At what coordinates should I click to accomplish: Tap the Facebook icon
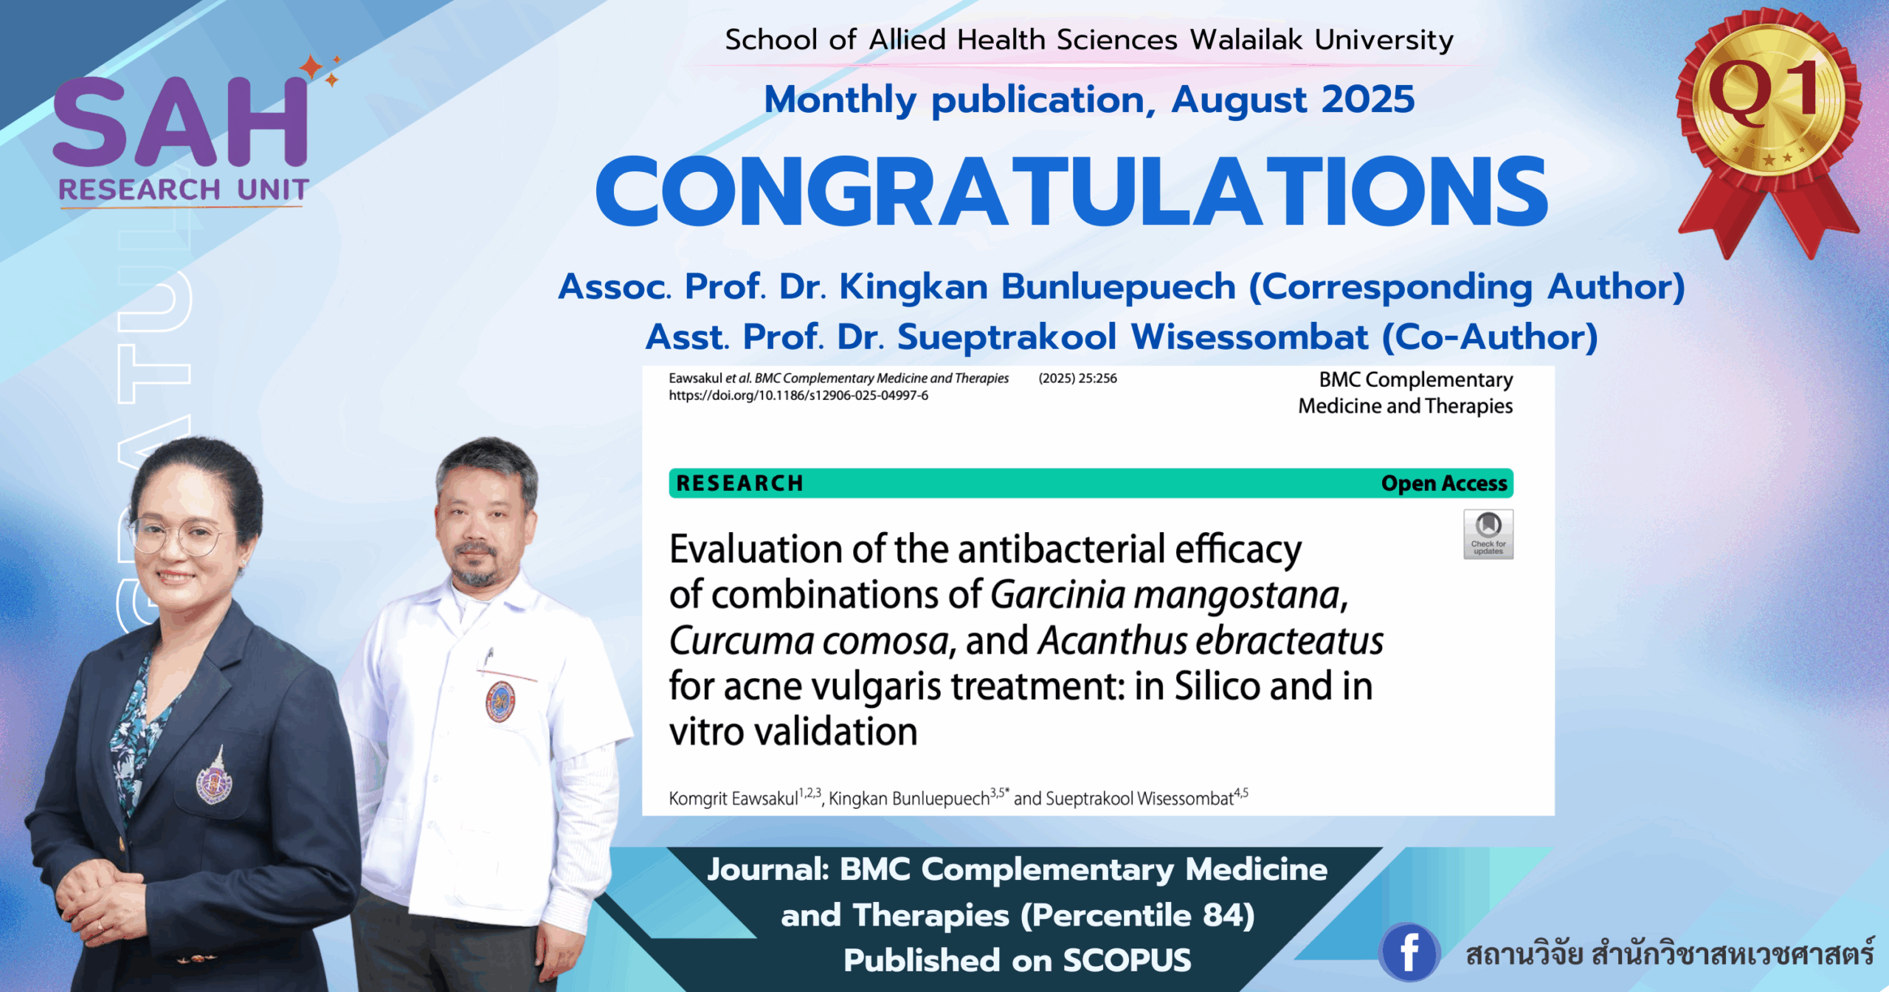coord(1409,951)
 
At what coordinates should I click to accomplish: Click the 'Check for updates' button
coord(1488,534)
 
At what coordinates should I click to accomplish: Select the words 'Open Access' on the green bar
coord(1443,483)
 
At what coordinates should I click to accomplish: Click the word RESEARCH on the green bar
coord(739,483)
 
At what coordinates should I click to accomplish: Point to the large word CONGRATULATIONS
coord(1071,191)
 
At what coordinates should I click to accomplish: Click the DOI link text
coord(798,396)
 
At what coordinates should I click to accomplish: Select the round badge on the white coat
coord(500,701)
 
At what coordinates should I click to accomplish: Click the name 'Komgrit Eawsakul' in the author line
coord(733,799)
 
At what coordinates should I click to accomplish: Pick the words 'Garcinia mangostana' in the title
coord(1168,596)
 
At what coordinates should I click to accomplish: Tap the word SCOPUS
coord(1127,960)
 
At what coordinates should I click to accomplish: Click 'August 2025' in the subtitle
coord(1293,100)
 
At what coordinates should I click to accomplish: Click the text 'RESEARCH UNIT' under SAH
coord(183,190)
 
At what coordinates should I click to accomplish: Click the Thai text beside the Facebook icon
coord(1669,954)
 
